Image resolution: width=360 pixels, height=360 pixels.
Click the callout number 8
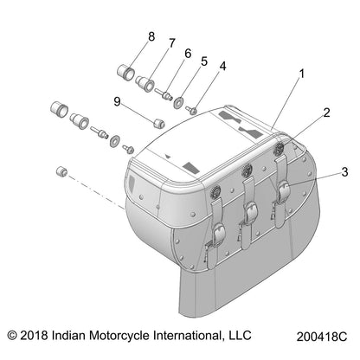[x=151, y=36]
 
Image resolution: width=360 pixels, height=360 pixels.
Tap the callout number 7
[x=171, y=43]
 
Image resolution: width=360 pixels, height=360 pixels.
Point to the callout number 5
[x=204, y=61]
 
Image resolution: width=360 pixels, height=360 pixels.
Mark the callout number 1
[x=302, y=74]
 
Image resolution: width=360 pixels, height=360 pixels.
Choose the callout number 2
[x=326, y=112]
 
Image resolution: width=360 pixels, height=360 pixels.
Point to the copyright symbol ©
[x=12, y=333]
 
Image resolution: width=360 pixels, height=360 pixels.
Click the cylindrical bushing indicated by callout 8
[x=128, y=69]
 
